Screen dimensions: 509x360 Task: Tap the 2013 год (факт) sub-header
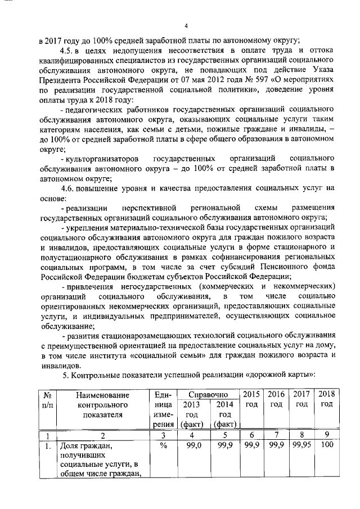coord(191,414)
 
